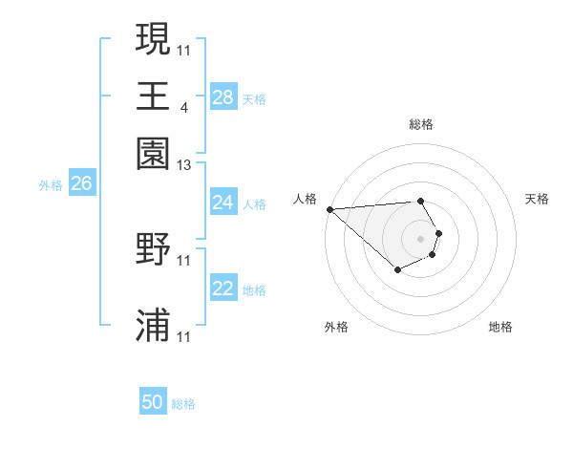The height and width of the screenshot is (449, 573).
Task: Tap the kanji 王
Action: [x=154, y=96]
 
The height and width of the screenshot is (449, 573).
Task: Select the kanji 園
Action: [x=154, y=154]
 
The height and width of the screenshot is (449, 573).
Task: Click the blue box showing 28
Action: [x=223, y=96]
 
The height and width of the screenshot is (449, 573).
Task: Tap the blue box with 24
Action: [x=223, y=203]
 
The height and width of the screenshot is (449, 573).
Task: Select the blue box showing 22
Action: [x=223, y=289]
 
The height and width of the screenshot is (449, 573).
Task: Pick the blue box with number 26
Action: [x=81, y=183]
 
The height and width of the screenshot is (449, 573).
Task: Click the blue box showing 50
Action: [x=153, y=403]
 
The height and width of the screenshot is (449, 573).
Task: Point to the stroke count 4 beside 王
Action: [x=183, y=106]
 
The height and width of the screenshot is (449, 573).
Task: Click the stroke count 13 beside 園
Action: [x=184, y=165]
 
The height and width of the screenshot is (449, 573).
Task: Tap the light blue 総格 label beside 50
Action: [x=183, y=404]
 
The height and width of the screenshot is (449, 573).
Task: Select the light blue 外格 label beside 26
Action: [x=51, y=185]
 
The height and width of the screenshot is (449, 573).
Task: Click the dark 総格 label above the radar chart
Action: [x=421, y=124]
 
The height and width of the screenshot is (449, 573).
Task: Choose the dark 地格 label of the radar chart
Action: [x=500, y=328]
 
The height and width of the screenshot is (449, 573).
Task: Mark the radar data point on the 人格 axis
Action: [x=329, y=209]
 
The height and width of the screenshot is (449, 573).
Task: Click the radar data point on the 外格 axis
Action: [x=397, y=271]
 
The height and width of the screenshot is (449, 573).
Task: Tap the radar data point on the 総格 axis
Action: [x=421, y=201]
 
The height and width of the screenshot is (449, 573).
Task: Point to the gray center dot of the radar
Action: [x=421, y=239]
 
